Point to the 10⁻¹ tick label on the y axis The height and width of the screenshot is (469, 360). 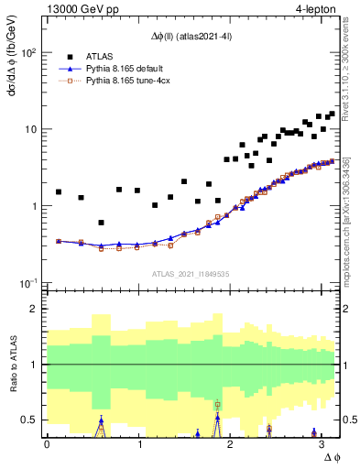28,282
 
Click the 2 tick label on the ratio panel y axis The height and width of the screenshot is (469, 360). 35,309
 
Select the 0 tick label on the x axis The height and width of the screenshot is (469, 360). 47,443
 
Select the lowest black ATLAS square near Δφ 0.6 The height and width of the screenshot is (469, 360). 101,223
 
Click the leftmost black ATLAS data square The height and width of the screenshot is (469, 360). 59,192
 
